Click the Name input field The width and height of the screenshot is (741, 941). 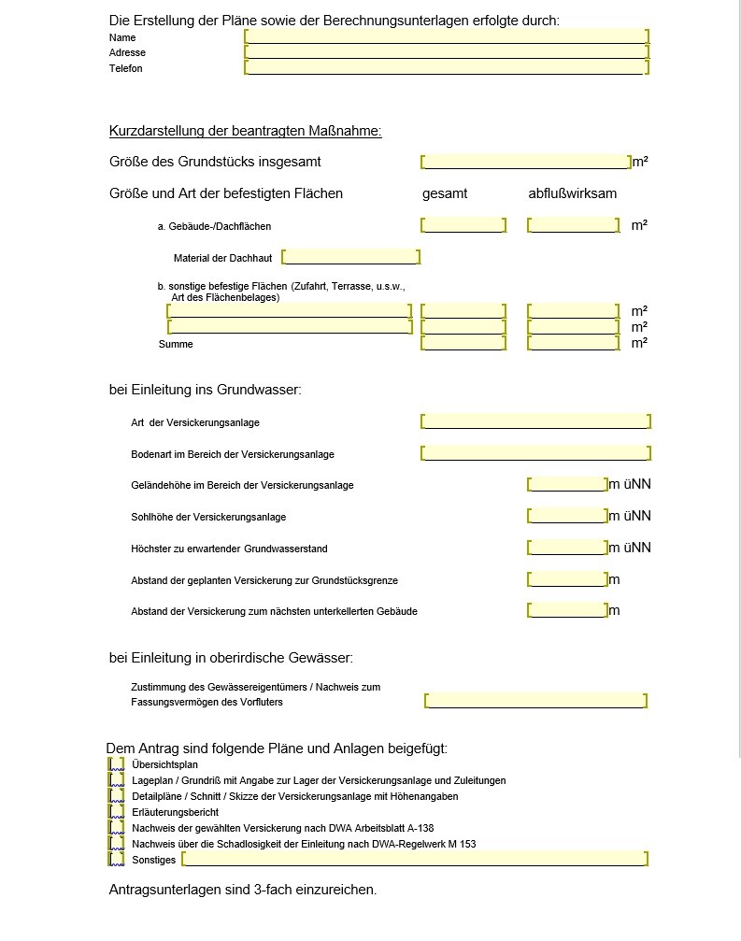pyautogui.click(x=446, y=36)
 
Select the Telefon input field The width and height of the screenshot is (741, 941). pyautogui.click(x=446, y=67)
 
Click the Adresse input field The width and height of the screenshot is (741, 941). pyautogui.click(x=446, y=52)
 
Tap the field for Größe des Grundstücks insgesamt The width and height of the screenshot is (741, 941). pyautogui.click(x=526, y=162)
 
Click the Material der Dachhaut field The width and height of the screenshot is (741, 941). pyautogui.click(x=350, y=257)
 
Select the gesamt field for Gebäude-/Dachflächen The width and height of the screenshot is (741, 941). pyautogui.click(x=463, y=225)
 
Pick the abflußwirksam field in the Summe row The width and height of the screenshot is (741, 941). pyautogui.click(x=573, y=344)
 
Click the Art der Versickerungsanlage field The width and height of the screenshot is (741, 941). pyautogui.click(x=535, y=421)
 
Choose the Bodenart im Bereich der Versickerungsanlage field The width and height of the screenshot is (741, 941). pyautogui.click(x=535, y=453)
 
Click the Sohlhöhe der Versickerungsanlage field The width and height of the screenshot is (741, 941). pyautogui.click(x=567, y=516)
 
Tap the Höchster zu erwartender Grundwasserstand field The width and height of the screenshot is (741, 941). pyautogui.click(x=567, y=548)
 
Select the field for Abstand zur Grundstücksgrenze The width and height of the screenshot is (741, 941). pyautogui.click(x=567, y=579)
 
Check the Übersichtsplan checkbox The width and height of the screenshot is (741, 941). pyautogui.click(x=117, y=764)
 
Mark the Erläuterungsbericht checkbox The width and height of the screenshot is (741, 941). pyautogui.click(x=117, y=812)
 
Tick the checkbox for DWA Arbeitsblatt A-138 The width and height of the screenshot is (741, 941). pyautogui.click(x=117, y=828)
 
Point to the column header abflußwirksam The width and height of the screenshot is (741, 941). pyautogui.click(x=572, y=194)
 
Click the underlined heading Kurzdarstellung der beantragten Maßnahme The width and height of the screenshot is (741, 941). pyautogui.click(x=245, y=132)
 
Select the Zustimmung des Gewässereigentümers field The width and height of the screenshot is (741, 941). pyautogui.click(x=535, y=701)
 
